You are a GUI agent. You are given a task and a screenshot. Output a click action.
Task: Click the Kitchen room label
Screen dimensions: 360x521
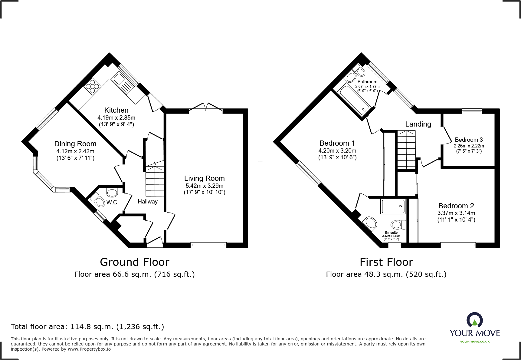coord(116,110)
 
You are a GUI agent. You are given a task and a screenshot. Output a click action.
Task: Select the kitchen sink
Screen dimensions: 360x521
coord(118,80)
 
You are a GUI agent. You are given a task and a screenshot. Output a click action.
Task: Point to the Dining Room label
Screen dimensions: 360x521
coord(75,144)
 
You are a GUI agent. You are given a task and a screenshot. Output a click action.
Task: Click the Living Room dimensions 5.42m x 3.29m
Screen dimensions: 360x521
coord(205,186)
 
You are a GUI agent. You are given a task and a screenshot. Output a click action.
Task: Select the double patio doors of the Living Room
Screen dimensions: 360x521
coord(206,107)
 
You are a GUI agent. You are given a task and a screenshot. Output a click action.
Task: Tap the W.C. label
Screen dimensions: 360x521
coord(112,203)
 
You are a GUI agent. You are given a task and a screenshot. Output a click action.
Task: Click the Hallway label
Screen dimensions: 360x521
coord(148,202)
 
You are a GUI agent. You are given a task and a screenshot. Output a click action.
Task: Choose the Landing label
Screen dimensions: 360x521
coord(418,124)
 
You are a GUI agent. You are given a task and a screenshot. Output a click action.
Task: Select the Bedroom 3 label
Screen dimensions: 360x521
coord(469,140)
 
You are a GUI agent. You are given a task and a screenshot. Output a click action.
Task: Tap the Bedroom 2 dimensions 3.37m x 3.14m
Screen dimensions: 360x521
coord(456,213)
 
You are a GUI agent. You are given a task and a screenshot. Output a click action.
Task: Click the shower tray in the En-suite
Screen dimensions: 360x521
coord(393,206)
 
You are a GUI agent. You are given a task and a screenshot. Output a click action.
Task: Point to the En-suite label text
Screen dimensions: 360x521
coord(391,233)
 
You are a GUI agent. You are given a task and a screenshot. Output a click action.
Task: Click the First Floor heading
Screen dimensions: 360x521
coord(386,262)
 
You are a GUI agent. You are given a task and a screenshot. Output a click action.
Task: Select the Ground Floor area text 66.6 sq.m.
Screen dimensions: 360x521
coord(135,274)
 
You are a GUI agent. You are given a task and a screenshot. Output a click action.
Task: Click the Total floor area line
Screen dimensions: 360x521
coord(87,327)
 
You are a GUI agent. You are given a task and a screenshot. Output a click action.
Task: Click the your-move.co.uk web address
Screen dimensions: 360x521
coord(475,342)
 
